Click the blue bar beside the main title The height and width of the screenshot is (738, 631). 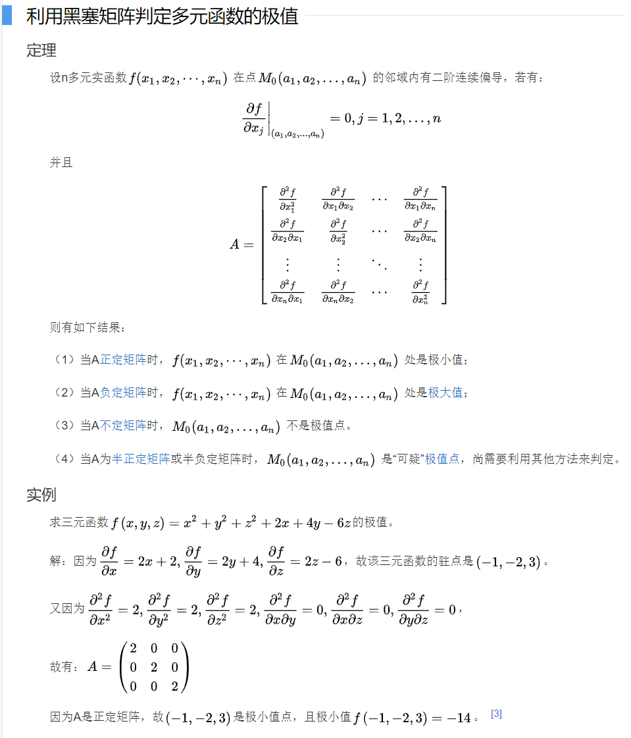(x=7, y=16)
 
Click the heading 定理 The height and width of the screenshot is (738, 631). (x=41, y=50)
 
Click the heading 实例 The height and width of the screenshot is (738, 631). (x=41, y=495)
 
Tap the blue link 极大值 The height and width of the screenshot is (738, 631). (x=445, y=393)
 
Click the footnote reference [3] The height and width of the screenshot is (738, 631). (x=497, y=714)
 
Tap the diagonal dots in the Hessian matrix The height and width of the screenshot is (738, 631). (x=378, y=264)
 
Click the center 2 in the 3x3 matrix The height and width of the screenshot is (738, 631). (x=154, y=667)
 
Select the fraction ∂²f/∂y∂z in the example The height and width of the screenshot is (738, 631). (x=414, y=610)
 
